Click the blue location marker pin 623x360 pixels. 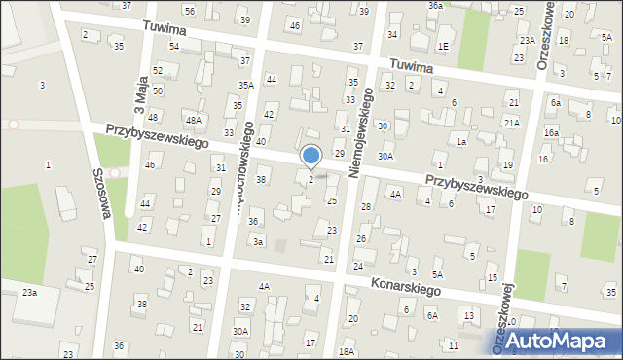(311, 157)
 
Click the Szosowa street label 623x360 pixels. (99, 190)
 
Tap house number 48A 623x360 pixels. (194, 120)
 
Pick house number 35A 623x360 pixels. (246, 86)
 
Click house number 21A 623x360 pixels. (511, 123)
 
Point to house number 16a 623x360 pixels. (551, 132)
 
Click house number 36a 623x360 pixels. (435, 5)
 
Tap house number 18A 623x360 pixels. (346, 351)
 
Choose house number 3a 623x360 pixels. (258, 241)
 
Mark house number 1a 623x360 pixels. (461, 142)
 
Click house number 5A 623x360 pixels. (438, 275)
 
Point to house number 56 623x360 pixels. (190, 11)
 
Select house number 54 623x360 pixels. (174, 47)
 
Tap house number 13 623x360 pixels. (469, 316)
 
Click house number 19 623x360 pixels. (508, 165)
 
